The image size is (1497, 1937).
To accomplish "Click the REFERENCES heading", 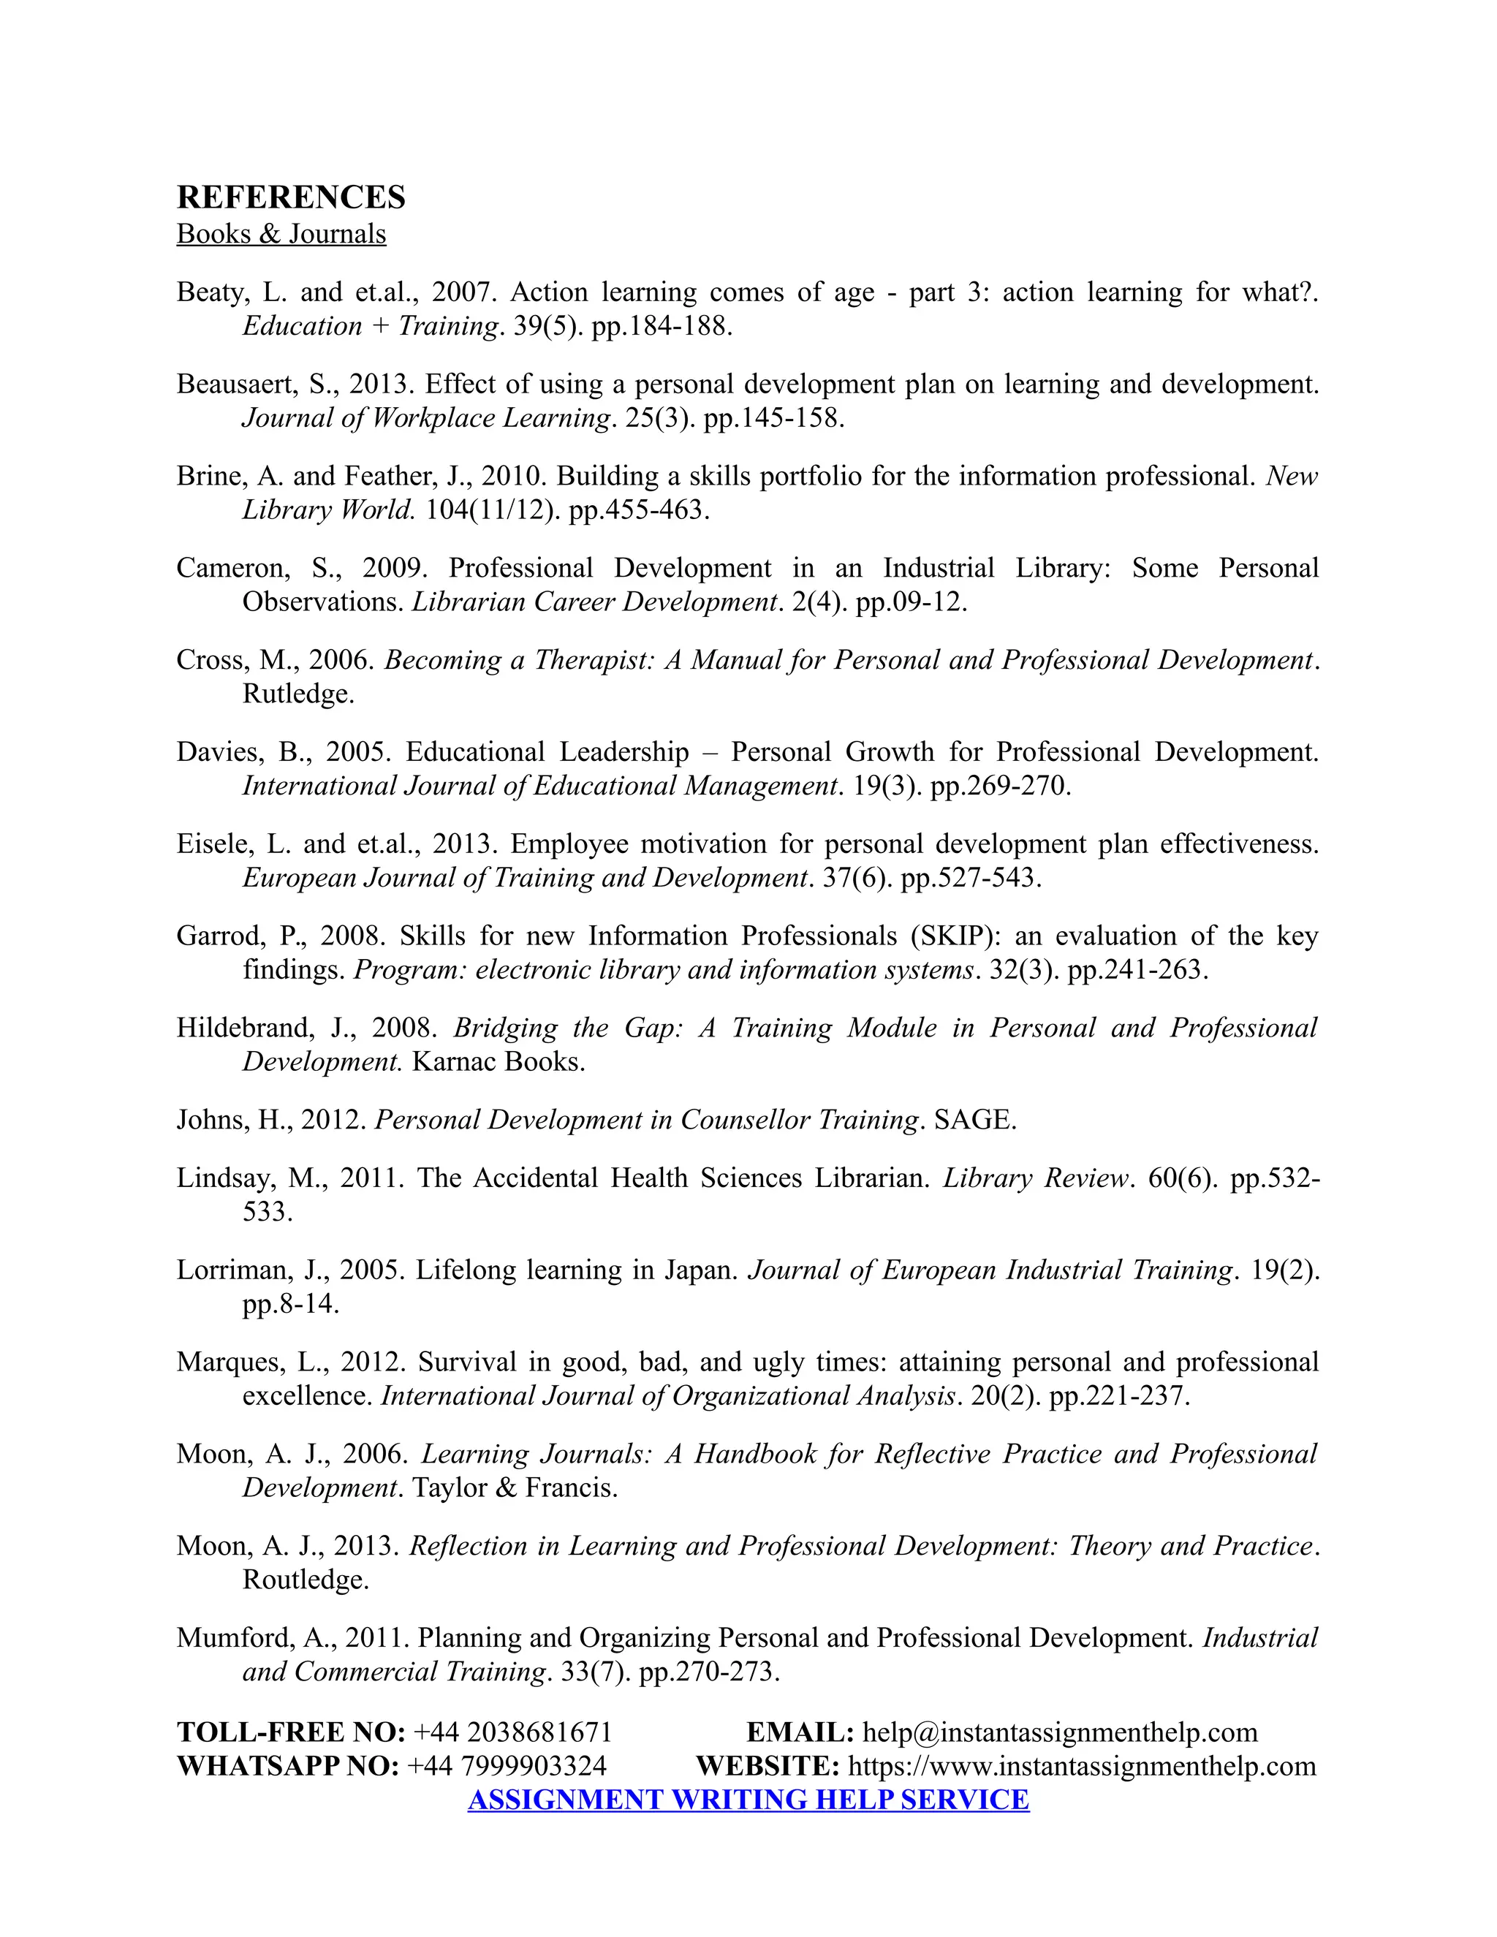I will (291, 197).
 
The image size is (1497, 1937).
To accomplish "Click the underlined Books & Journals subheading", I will (281, 234).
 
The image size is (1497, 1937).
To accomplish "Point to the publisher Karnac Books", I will (499, 1061).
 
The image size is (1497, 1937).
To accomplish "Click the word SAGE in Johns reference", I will (974, 1120).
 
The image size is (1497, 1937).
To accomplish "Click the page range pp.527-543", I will (970, 878).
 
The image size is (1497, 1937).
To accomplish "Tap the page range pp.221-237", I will (1118, 1396).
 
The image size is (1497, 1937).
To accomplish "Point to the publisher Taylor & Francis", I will (515, 1488).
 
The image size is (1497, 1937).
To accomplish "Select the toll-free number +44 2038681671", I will (512, 1732).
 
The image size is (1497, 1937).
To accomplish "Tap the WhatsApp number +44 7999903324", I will (507, 1766).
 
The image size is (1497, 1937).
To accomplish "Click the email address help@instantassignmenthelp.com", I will (1060, 1732).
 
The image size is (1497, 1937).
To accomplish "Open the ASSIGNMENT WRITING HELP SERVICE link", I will (748, 1800).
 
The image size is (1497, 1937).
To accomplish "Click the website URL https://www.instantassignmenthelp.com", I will (1082, 1766).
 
